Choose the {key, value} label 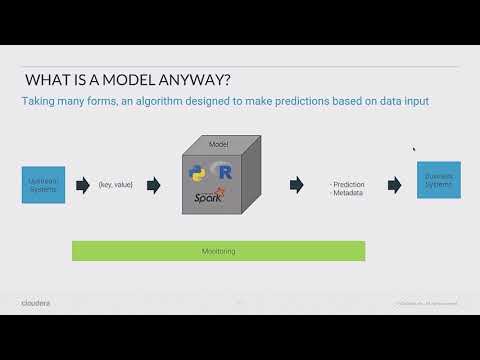coord(116,185)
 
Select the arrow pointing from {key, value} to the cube coord(153,185)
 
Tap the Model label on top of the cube coord(218,145)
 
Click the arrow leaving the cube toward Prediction coord(297,185)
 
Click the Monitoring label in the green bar coord(218,251)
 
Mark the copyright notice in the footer coord(426,302)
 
